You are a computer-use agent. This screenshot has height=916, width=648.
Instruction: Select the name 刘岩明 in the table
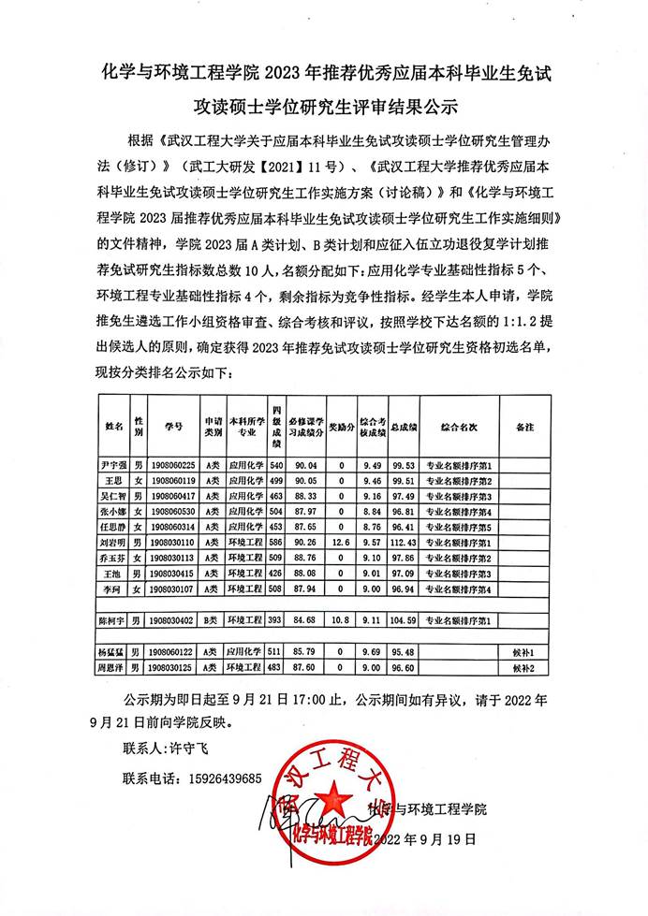(x=111, y=542)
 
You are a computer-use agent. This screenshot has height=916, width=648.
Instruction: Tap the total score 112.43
(x=404, y=542)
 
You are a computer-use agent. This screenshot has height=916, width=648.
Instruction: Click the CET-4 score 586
(x=276, y=542)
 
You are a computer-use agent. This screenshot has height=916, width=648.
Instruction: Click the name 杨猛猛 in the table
(x=111, y=651)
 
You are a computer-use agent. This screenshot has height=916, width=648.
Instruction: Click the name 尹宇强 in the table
(x=111, y=465)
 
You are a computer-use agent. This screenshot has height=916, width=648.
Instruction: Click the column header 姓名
(x=112, y=426)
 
